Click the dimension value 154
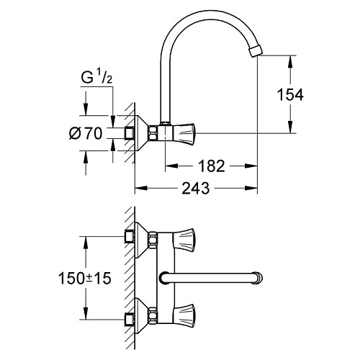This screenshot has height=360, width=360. (x=314, y=94)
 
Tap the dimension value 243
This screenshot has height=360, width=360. (x=196, y=189)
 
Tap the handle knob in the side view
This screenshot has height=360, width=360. (x=189, y=133)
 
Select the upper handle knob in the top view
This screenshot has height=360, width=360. (x=189, y=236)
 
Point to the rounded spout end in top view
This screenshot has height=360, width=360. (x=257, y=276)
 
